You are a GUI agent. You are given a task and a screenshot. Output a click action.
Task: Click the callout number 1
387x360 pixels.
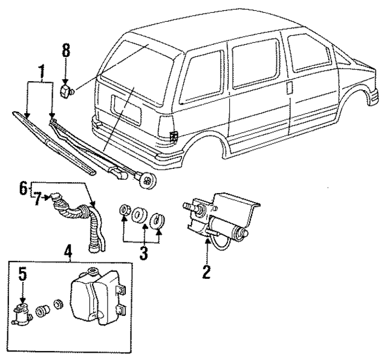coord(41,73)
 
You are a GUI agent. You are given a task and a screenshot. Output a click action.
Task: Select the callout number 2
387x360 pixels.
coord(206,272)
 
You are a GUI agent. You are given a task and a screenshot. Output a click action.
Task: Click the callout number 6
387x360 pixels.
coord(22,188)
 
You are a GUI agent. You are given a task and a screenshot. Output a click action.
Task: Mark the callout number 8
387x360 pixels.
coord(66,52)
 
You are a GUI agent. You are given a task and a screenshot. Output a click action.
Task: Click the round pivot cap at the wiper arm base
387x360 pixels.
coord(145,179)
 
